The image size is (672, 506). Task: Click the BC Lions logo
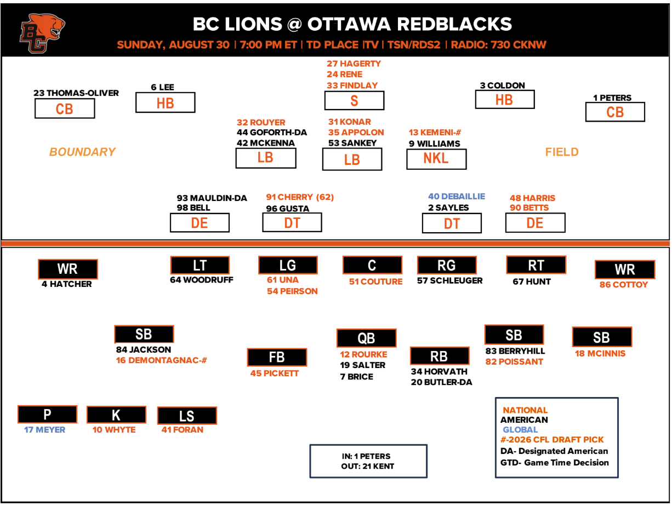point(42,33)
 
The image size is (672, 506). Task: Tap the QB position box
point(366,338)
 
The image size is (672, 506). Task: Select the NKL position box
point(436,159)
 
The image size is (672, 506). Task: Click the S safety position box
point(354,100)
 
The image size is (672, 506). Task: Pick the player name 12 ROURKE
point(363,354)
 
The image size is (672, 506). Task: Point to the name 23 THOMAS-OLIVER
point(76,93)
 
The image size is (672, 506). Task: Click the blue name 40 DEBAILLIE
point(457,196)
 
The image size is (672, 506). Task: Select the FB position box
point(277,357)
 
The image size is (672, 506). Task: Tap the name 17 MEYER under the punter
point(45,429)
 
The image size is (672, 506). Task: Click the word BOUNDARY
point(82,152)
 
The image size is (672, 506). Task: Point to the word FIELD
point(562,152)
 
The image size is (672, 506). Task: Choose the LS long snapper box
point(187,416)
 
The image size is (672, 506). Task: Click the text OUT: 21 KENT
point(367,466)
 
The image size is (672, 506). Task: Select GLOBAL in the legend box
point(520,429)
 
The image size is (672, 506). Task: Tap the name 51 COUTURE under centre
point(375,281)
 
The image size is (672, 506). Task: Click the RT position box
point(536,264)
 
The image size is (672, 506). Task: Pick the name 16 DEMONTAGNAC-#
point(161,360)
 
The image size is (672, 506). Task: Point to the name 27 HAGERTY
point(354,64)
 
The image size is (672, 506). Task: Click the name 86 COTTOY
point(623,284)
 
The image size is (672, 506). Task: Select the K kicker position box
point(116,415)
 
